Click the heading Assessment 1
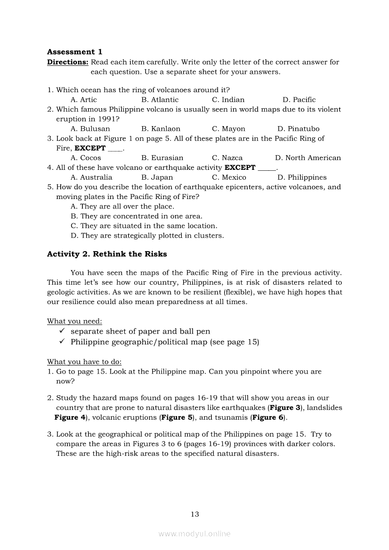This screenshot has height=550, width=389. [x=74, y=52]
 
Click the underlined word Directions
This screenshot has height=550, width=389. [x=67, y=62]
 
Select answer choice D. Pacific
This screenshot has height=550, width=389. [x=299, y=100]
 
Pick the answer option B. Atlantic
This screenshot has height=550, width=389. [x=160, y=100]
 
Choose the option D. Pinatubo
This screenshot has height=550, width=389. [x=298, y=129]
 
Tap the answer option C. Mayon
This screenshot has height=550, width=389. [x=228, y=129]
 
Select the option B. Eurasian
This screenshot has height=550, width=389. [x=162, y=158]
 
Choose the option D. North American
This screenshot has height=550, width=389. [x=308, y=158]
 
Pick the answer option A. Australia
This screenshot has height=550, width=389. [x=91, y=177]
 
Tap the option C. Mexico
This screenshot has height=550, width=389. [x=229, y=177]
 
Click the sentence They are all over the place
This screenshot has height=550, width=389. [x=122, y=207]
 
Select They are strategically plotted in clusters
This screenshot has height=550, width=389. [x=147, y=236]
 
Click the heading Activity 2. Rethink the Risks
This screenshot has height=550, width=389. [x=107, y=254]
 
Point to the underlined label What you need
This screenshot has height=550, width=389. [x=74, y=321]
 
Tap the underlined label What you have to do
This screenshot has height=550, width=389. [x=84, y=362]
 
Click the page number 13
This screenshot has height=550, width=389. [x=194, y=514]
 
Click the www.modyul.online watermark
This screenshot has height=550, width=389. [x=194, y=534]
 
